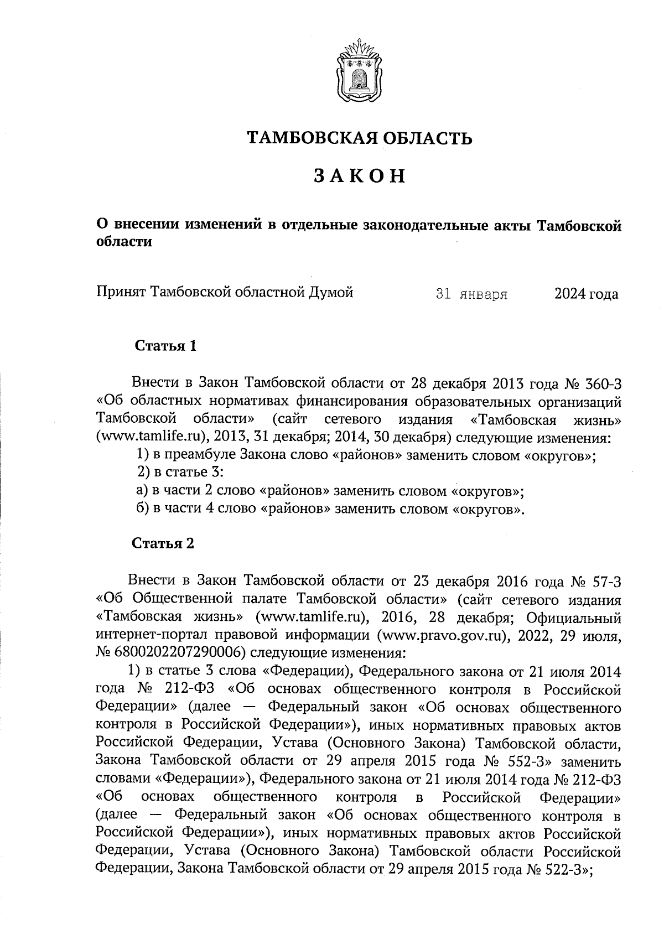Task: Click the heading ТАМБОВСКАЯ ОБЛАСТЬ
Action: point(360,138)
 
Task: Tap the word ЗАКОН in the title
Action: point(360,176)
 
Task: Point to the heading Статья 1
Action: point(165,347)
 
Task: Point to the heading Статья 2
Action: point(163,543)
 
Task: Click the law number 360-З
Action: point(601,383)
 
